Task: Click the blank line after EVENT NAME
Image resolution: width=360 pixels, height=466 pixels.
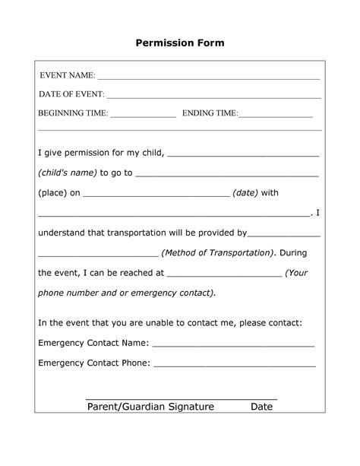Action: (208, 78)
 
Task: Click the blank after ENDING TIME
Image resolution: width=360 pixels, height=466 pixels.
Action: (276, 116)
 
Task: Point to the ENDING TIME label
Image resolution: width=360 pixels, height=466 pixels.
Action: (210, 113)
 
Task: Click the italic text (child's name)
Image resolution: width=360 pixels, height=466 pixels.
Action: (67, 173)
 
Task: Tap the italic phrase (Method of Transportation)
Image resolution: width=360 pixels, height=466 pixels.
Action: (218, 252)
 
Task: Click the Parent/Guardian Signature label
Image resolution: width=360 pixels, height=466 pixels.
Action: (150, 407)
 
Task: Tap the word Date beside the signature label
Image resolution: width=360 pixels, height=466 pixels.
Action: (261, 407)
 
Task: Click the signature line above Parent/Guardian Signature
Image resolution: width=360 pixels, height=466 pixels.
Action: (181, 398)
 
